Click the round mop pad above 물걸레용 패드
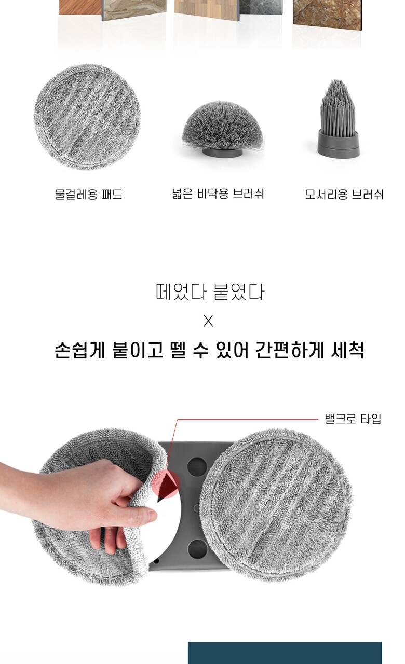[87, 117]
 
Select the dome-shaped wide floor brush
[223, 129]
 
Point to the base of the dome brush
[223, 153]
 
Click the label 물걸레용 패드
[89, 195]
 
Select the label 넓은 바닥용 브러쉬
[218, 194]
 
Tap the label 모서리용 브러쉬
[344, 195]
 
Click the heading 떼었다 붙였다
[210, 292]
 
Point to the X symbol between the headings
[208, 321]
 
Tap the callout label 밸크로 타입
[353, 419]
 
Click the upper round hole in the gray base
[197, 466]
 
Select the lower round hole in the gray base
[197, 549]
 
